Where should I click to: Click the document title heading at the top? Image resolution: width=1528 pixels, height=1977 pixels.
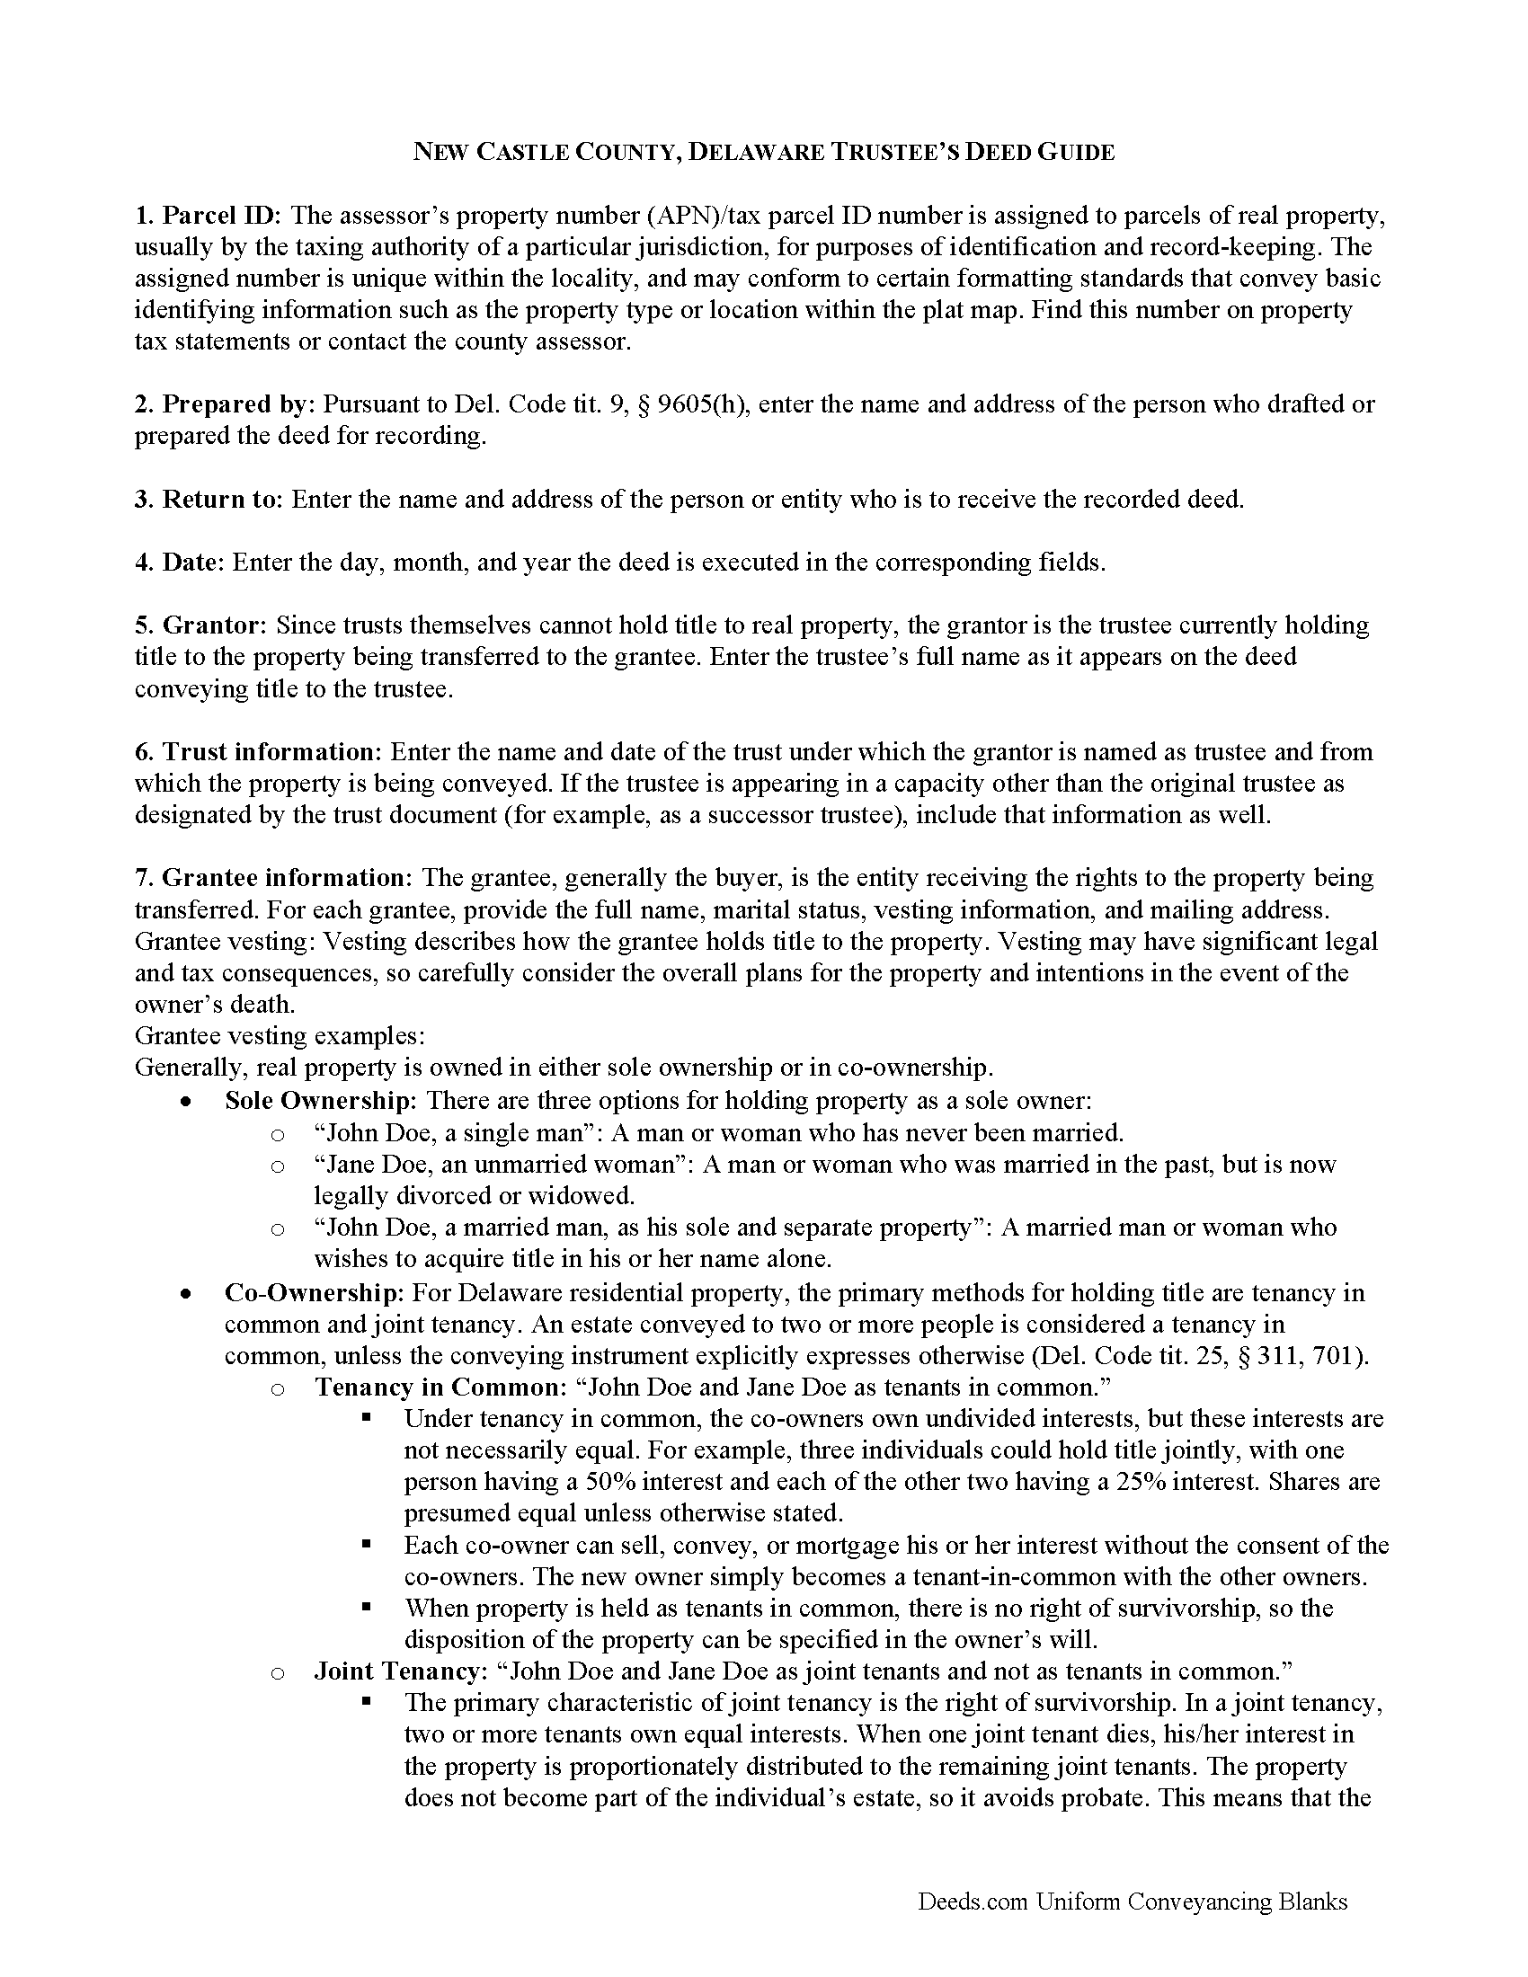[763, 152]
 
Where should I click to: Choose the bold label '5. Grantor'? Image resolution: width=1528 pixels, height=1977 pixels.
[200, 625]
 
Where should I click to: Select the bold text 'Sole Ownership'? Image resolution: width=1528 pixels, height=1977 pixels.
[320, 1101]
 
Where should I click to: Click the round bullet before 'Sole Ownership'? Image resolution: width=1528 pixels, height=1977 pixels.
[185, 1103]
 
